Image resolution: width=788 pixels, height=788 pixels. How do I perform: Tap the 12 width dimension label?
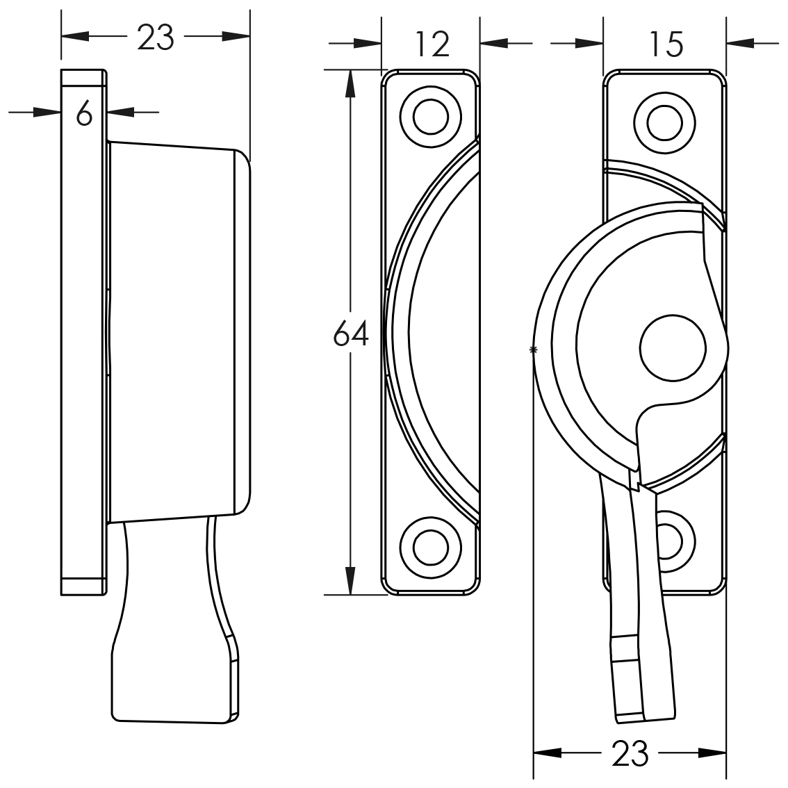(x=433, y=44)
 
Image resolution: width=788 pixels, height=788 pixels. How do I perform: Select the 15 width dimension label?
(x=666, y=44)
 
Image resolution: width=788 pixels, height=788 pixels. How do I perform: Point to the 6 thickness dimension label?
(x=85, y=113)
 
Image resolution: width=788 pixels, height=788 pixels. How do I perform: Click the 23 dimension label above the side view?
(x=155, y=38)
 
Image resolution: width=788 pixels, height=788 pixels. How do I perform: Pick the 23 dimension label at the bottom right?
(x=630, y=753)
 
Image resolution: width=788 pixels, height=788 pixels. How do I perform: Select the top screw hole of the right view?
(x=664, y=122)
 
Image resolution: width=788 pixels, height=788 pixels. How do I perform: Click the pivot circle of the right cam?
(x=673, y=347)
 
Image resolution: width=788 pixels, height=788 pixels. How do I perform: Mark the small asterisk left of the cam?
(x=533, y=350)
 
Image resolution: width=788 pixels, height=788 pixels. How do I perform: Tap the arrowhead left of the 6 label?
(x=47, y=112)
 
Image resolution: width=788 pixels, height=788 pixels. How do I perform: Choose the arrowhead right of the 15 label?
(x=740, y=44)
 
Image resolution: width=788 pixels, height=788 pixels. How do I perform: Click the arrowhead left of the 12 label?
(x=368, y=44)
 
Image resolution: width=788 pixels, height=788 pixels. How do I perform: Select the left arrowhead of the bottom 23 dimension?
(x=548, y=753)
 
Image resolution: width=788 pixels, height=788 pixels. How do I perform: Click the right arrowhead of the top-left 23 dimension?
(x=236, y=37)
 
